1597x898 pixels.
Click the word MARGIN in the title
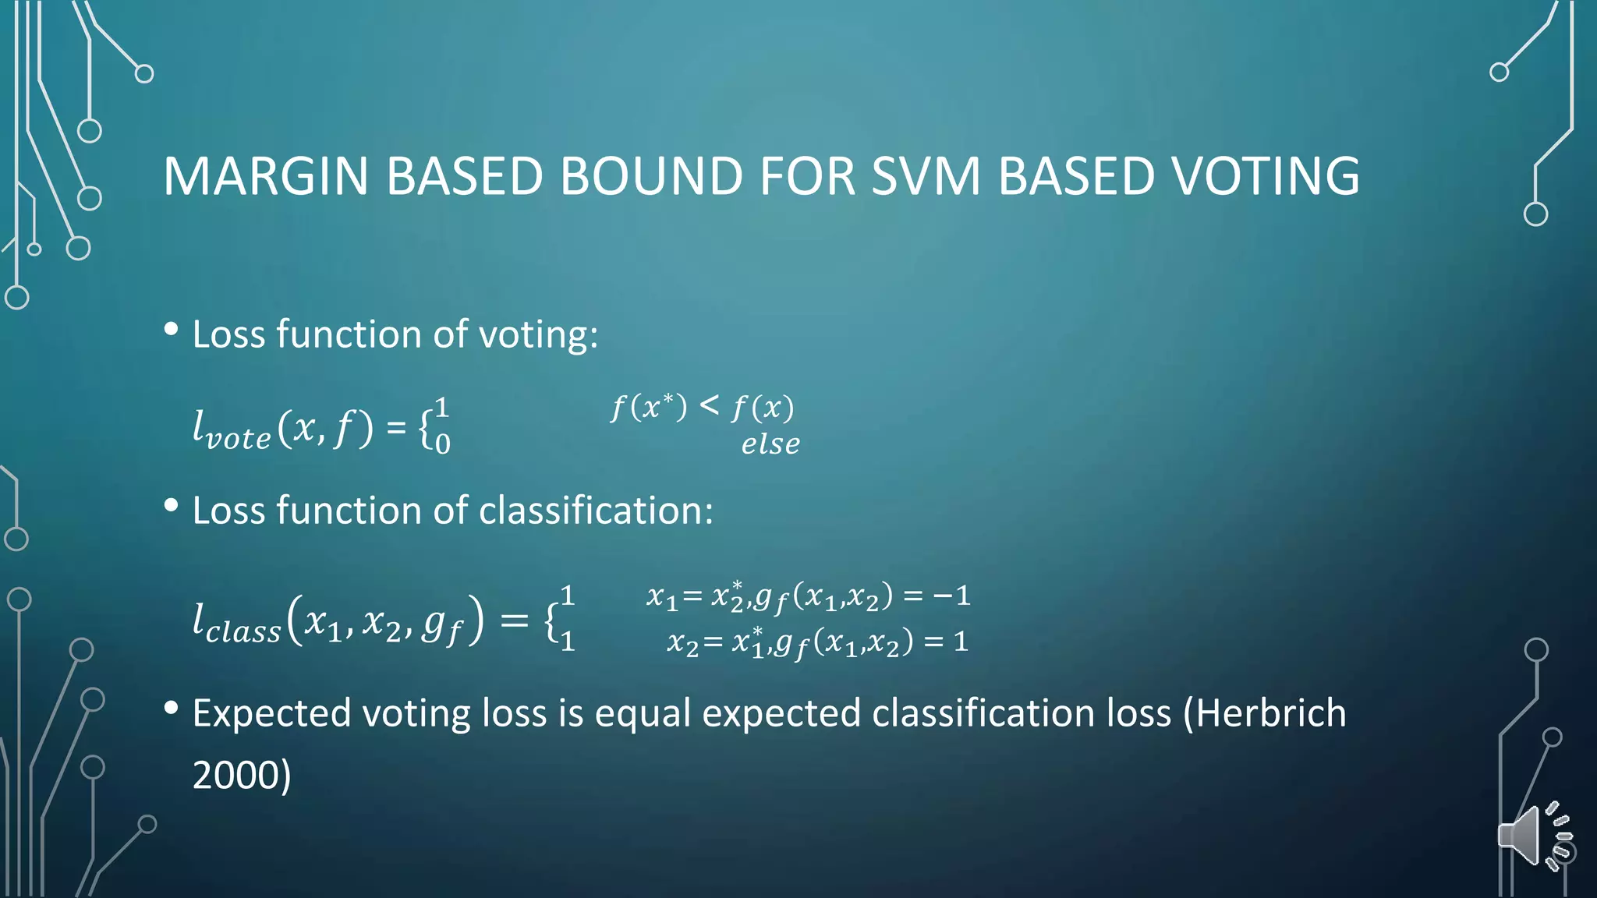265,176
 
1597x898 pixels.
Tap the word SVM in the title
925,176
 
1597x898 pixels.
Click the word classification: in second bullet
596,511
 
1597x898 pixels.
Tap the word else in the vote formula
770,444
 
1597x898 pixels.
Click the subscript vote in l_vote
238,439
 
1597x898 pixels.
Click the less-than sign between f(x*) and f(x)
709,405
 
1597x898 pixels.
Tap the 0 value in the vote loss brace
442,445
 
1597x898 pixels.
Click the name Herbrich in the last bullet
1271,713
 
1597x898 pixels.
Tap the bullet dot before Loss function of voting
172,330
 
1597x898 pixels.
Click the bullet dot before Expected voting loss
172,709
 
